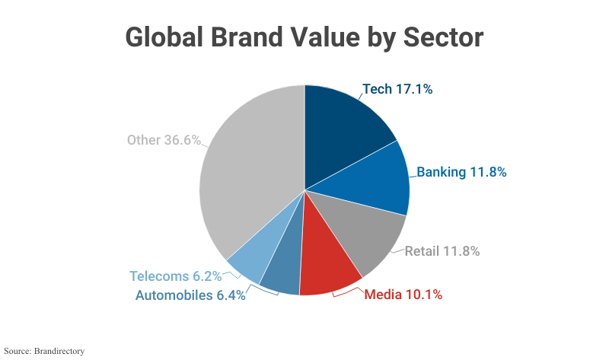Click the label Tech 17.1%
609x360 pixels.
pyautogui.click(x=397, y=89)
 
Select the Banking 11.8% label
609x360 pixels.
pyautogui.click(x=461, y=171)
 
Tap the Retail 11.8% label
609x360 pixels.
pyautogui.click(x=442, y=250)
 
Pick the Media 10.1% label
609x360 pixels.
pyautogui.click(x=403, y=294)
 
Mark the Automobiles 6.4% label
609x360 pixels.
pyautogui.click(x=190, y=295)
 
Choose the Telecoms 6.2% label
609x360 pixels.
pyautogui.click(x=175, y=276)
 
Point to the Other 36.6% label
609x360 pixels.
pyautogui.click(x=164, y=140)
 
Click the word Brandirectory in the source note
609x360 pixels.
pyautogui.click(x=59, y=351)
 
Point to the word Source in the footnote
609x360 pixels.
pyautogui.click(x=17, y=351)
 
